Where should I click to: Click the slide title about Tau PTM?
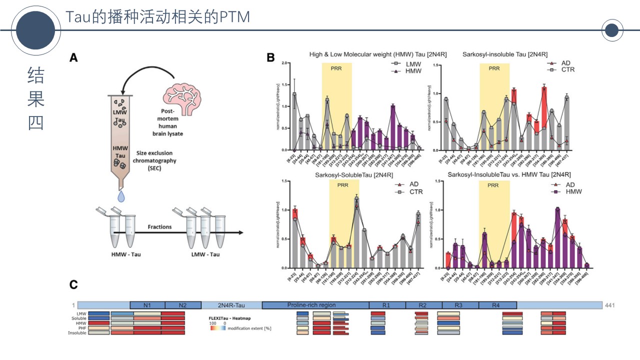(x=157, y=16)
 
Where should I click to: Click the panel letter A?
(x=73, y=58)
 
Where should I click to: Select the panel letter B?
(x=270, y=58)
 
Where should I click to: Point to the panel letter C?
(x=73, y=284)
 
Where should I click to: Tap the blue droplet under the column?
(x=120, y=196)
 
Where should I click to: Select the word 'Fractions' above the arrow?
(x=159, y=226)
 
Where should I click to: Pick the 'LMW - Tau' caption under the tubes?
(x=206, y=254)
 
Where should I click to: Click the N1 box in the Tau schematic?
(x=147, y=305)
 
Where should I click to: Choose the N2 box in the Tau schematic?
(x=183, y=305)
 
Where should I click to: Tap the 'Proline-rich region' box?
(x=311, y=305)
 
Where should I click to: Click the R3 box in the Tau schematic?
(x=460, y=305)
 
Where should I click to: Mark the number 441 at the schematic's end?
(x=610, y=305)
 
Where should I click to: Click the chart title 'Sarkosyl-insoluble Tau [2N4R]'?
(x=505, y=54)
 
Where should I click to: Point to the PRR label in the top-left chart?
(x=336, y=68)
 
